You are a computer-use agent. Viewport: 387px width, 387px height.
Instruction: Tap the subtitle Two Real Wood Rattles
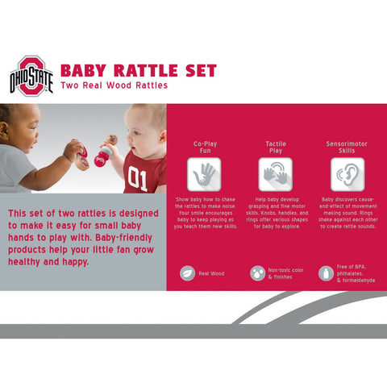[114, 85]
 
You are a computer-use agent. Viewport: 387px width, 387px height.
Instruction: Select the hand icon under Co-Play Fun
[204, 173]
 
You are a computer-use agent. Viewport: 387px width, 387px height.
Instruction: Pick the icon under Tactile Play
[275, 173]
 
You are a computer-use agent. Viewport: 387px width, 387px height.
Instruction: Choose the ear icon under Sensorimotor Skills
[347, 173]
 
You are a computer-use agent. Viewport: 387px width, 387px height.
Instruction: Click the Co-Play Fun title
[204, 147]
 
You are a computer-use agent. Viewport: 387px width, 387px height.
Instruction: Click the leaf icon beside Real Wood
[187, 273]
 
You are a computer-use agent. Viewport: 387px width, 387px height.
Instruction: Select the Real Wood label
[211, 273]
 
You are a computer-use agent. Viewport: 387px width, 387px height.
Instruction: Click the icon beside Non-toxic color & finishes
[257, 273]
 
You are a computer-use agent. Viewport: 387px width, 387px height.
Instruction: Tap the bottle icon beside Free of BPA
[326, 273]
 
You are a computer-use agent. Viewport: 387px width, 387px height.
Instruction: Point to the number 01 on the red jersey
[137, 177]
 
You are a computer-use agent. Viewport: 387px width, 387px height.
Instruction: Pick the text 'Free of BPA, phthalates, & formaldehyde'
[354, 273]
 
